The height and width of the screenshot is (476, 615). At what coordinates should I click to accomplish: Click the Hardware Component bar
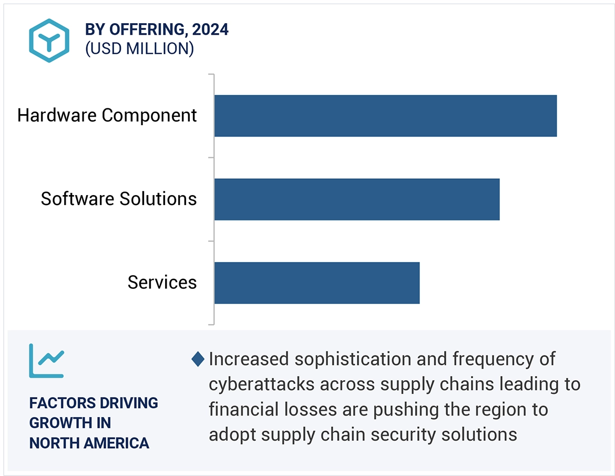[x=385, y=116]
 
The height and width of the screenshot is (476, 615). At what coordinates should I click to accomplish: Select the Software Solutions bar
[x=356, y=199]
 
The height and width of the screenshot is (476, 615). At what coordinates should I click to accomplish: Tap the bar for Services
[x=316, y=282]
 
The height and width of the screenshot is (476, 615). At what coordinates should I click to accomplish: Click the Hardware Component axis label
[x=107, y=115]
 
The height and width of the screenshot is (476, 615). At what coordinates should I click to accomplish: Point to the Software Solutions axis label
[x=119, y=199]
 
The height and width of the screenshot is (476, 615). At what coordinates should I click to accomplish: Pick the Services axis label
[x=162, y=282]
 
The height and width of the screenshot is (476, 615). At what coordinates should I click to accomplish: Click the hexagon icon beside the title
[x=49, y=40]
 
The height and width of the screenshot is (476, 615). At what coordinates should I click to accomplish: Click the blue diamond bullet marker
[x=198, y=359]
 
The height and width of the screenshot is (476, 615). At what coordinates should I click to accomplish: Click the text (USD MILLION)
[x=139, y=49]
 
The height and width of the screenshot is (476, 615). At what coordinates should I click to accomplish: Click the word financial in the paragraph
[x=242, y=409]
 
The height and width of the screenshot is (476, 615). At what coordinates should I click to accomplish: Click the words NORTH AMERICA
[x=89, y=443]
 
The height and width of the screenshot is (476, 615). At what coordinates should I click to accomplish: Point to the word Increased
[x=249, y=359]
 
